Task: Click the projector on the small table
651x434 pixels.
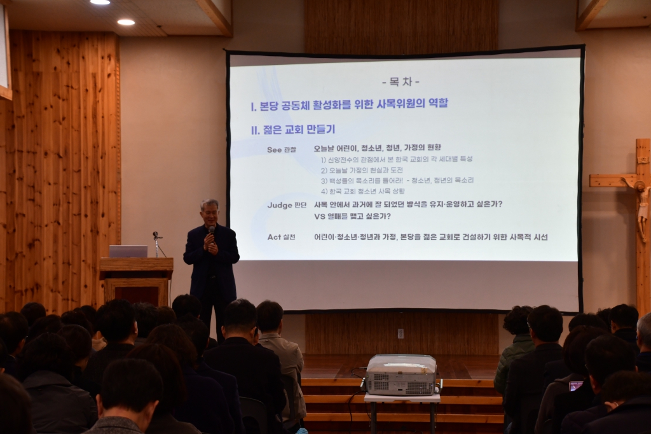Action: click(x=401, y=375)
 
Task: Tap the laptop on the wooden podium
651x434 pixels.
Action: click(x=128, y=251)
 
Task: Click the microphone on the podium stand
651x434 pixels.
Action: click(x=155, y=236)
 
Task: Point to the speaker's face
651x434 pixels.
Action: click(x=210, y=213)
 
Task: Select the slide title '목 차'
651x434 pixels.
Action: click(x=401, y=82)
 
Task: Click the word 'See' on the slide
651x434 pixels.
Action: click(x=274, y=149)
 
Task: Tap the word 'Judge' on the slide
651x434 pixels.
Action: click(x=279, y=205)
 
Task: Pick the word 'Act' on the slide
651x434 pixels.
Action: click(x=274, y=237)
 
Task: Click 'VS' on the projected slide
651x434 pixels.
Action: click(x=320, y=216)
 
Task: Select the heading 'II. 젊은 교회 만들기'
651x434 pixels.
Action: click(x=292, y=130)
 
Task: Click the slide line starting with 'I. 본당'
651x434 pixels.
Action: click(x=349, y=104)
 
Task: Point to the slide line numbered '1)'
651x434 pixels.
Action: click(x=397, y=159)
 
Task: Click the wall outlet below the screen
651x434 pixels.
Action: click(x=401, y=333)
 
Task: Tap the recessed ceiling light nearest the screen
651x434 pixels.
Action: click(x=126, y=22)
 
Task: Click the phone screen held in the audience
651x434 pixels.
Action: click(x=575, y=386)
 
